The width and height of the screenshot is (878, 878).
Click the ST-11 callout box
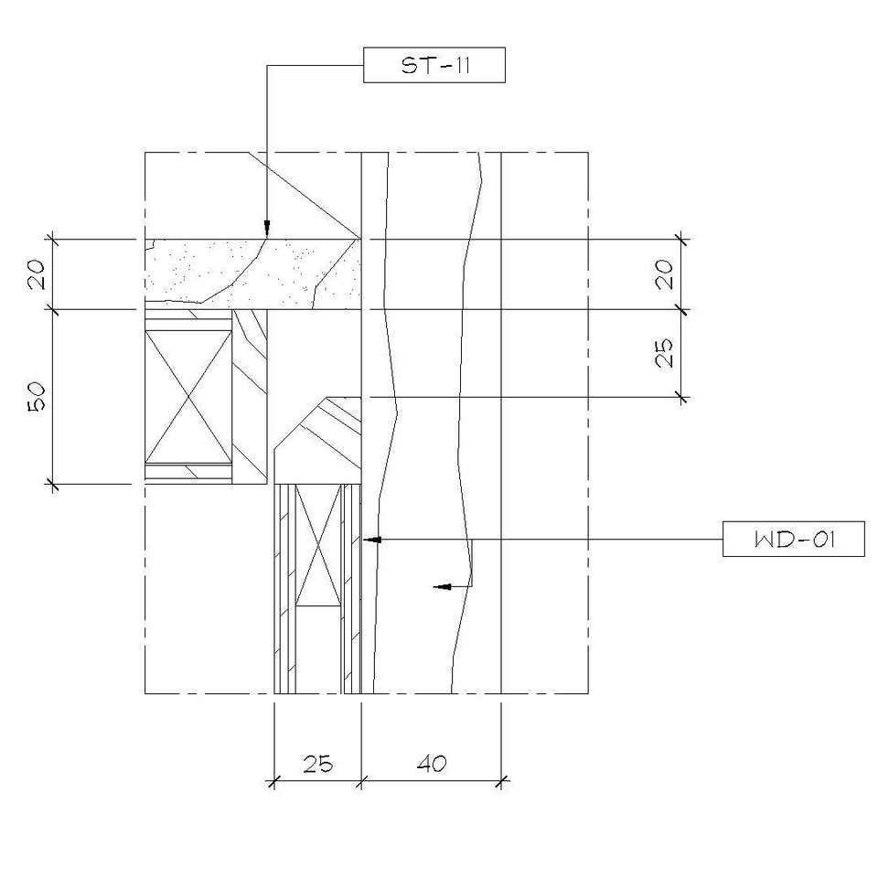(434, 65)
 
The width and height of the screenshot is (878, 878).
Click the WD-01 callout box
(794, 539)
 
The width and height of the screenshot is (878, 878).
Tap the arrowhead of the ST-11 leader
(267, 229)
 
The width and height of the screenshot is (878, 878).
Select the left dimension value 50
(37, 396)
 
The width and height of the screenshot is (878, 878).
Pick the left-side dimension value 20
(37, 273)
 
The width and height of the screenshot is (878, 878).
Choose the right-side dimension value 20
(665, 273)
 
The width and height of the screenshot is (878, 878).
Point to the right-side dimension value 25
(665, 353)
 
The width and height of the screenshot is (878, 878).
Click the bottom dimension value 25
(317, 764)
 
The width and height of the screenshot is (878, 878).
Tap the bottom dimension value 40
(432, 764)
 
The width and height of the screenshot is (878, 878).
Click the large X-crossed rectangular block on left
(188, 396)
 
